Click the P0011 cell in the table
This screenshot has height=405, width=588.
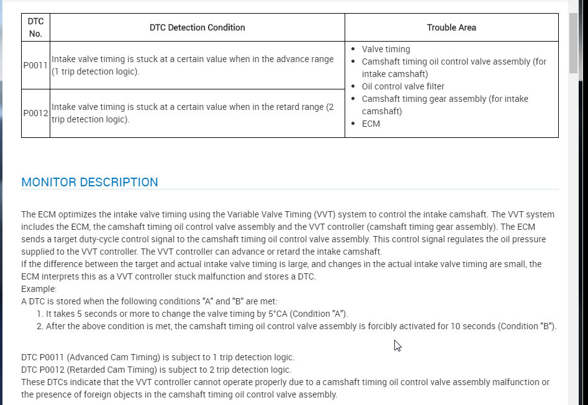35,65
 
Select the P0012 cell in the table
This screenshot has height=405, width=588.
35,113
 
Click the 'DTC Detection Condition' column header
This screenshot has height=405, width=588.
197,27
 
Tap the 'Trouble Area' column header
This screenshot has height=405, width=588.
451,27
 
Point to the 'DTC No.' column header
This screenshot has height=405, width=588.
35,27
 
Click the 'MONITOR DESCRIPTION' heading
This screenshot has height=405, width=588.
89,182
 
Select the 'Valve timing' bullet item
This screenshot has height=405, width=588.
386,49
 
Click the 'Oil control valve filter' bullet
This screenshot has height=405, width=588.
403,86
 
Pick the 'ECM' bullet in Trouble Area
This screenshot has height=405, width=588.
371,124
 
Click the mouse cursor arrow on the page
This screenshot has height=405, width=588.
397,345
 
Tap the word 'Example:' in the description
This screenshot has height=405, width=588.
38,289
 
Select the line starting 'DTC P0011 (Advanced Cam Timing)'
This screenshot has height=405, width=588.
158,357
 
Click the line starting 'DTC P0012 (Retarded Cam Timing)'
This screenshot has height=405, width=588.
156,370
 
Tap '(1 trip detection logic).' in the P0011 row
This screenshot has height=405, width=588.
96,71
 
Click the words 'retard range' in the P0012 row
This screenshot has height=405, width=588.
296,107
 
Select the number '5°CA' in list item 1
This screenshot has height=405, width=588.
241,314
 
